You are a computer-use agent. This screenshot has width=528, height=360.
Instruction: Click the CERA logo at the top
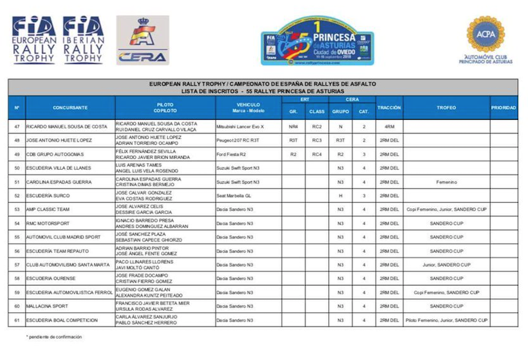[142, 40]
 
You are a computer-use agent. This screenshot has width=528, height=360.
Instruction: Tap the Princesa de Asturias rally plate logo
[317, 41]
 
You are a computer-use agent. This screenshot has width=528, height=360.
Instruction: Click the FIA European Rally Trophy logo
[34, 39]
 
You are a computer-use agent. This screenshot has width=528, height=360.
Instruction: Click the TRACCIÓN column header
[389, 108]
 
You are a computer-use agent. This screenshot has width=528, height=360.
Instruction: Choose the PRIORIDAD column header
[503, 108]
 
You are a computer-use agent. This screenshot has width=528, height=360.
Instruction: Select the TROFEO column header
[446, 108]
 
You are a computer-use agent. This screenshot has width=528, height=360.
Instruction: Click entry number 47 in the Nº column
[17, 126]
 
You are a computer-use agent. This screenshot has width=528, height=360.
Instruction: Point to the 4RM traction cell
[389, 126]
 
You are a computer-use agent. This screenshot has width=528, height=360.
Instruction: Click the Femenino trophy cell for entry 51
[446, 182]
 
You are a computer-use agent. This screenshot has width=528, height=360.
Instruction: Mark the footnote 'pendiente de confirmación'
[53, 337]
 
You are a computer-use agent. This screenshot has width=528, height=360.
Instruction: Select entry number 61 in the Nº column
[17, 320]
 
